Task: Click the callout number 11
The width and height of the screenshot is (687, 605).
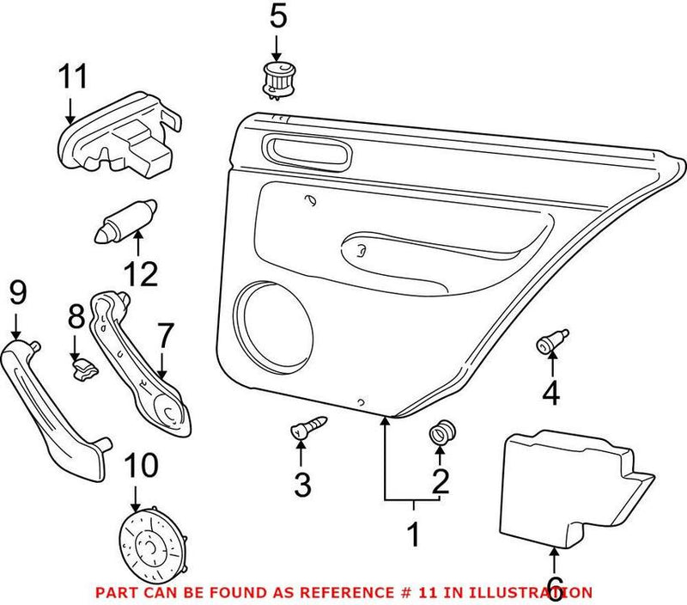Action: coord(73,77)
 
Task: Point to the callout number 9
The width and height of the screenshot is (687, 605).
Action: coord(17,294)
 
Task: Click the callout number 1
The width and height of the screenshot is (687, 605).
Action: coord(413,535)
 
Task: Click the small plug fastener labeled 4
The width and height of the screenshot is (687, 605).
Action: coord(550,342)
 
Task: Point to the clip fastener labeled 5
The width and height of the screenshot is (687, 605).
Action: coord(278,78)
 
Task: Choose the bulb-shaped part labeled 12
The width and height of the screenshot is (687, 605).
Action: coord(125,220)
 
